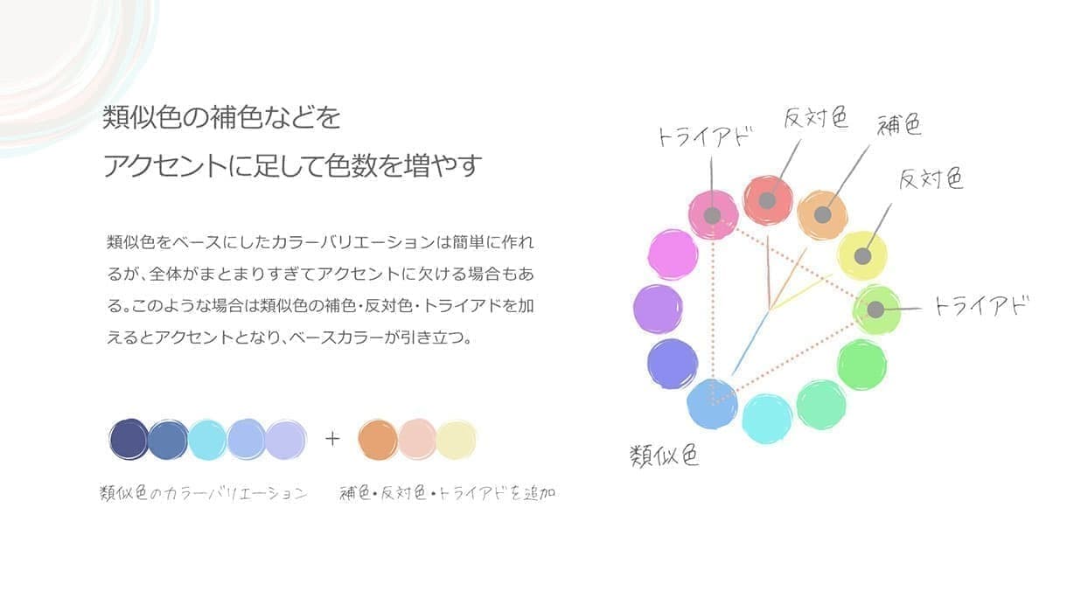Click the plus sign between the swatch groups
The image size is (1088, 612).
click(x=332, y=439)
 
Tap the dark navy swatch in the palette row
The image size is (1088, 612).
click(x=129, y=439)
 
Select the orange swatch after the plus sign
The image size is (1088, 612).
click(x=378, y=439)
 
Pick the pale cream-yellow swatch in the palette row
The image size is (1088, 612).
click(x=456, y=439)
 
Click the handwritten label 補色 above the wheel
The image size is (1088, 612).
click(x=900, y=126)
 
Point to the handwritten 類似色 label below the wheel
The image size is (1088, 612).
click(x=665, y=456)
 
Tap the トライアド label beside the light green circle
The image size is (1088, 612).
click(x=980, y=306)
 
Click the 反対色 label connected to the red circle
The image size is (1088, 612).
click(x=815, y=117)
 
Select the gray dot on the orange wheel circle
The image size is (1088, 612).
click(x=822, y=214)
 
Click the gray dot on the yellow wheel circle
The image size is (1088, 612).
click(x=862, y=256)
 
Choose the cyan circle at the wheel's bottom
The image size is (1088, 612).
click(x=767, y=419)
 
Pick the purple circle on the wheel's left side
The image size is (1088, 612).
click(x=658, y=309)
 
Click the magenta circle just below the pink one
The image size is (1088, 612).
click(x=673, y=254)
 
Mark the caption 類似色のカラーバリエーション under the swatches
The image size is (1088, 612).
click(x=204, y=493)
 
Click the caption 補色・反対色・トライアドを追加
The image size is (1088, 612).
click(x=447, y=493)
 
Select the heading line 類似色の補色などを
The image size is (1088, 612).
click(x=221, y=117)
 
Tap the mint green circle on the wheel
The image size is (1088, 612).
click(x=821, y=404)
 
